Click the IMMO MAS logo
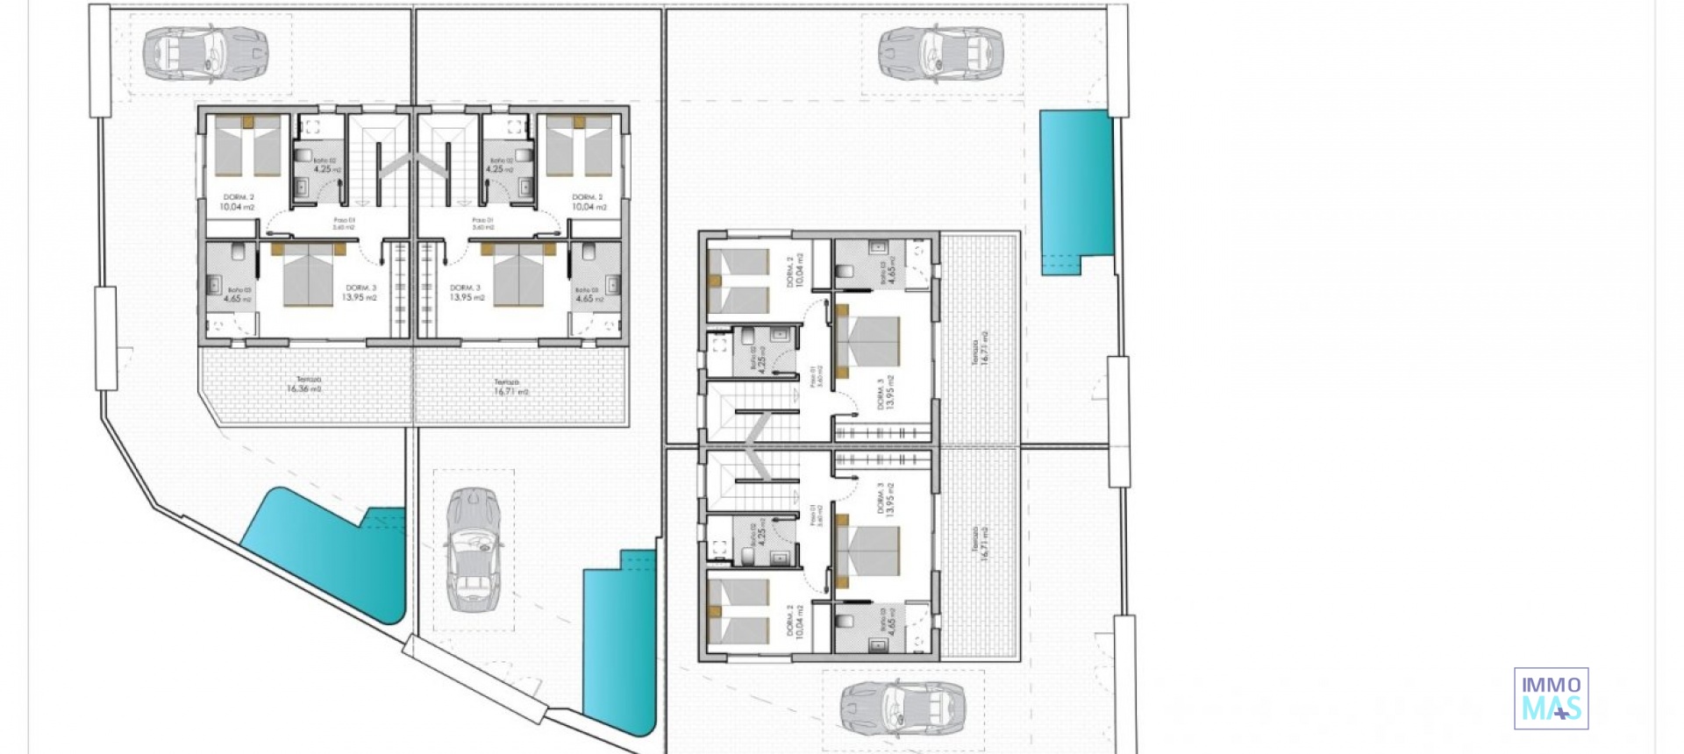1551,699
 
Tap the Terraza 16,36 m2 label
303,385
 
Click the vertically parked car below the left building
474,550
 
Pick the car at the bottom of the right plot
903,707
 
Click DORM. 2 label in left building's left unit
238,203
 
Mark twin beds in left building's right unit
578,146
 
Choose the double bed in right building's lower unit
868,551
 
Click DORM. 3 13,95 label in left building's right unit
467,293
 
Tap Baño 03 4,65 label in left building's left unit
238,295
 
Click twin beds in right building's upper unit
739,281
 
